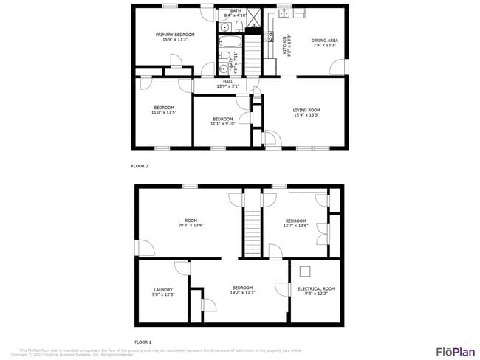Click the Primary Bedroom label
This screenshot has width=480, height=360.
pos(175,37)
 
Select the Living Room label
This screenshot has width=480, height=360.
pos(306,113)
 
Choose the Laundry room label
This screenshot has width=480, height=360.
pos(162,291)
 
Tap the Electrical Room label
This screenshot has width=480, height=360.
pos(316,291)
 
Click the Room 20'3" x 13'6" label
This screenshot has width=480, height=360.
pos(191,223)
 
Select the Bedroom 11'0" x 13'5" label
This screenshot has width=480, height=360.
pos(163,110)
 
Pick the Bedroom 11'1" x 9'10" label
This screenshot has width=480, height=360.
pos(222,122)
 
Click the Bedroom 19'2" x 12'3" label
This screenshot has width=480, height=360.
pos(243,290)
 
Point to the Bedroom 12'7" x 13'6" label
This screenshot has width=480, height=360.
pos(296,223)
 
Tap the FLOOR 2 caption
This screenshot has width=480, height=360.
pos(140,166)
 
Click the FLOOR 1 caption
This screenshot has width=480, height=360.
pos(142,342)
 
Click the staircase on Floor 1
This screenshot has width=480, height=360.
pos(253,230)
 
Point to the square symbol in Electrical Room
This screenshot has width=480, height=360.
pos(304,271)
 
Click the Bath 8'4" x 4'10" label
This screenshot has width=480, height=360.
pos(236,13)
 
